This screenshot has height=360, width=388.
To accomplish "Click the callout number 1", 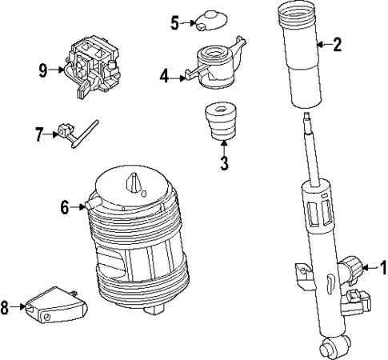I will [x=382, y=266].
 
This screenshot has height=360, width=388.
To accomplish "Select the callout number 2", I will [x=337, y=45].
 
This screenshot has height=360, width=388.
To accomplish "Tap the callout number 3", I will [x=225, y=165].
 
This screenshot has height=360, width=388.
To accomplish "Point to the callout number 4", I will [x=164, y=77].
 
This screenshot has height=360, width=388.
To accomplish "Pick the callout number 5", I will [x=175, y=22].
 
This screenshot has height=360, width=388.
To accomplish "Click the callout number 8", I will [x=6, y=307].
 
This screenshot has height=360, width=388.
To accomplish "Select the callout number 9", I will [x=43, y=70].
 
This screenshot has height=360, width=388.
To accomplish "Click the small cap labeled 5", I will [x=211, y=19].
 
